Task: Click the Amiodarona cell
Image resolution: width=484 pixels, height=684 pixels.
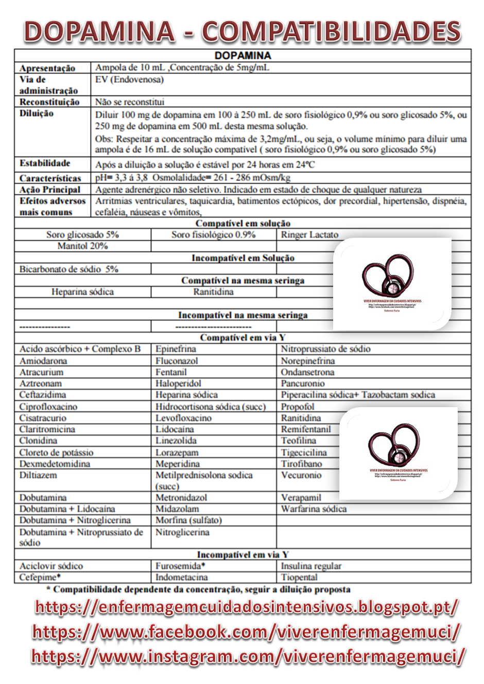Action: coord(43,361)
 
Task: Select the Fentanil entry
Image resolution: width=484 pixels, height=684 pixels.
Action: coord(171,372)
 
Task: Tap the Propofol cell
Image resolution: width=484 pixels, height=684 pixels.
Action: coord(297,407)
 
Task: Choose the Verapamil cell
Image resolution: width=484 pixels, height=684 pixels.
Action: coord(301,498)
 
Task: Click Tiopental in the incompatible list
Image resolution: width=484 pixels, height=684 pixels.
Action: coord(299,577)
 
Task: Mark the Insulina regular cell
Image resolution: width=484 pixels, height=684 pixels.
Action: coord(311,566)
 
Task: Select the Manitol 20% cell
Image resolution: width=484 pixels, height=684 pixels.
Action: coord(82,246)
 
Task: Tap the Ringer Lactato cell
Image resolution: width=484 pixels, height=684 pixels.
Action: coord(309,235)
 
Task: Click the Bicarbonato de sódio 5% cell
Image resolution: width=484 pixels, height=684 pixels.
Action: coord(69,269)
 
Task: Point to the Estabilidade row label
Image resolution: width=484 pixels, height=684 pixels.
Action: coord(45,164)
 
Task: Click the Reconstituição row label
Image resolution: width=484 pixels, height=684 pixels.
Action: coord(49,102)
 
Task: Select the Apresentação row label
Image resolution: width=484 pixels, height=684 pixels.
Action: coord(47,68)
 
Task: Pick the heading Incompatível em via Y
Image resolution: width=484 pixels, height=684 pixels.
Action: coord(243,555)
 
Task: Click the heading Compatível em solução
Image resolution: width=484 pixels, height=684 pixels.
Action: coord(243,223)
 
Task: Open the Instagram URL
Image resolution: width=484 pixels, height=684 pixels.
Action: coord(249,656)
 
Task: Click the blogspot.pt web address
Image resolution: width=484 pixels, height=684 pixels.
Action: coord(246,606)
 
